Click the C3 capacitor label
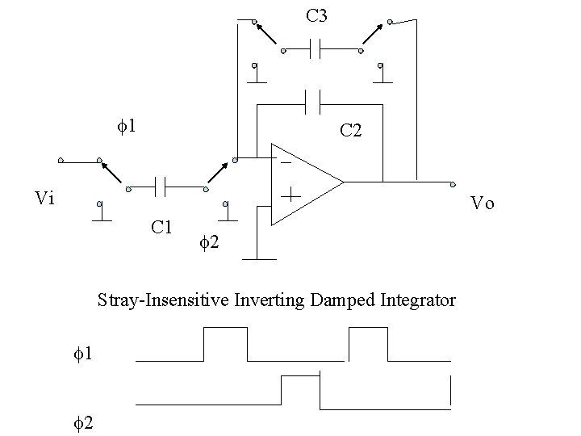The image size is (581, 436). tap(316, 15)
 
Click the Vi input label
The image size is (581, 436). tap(46, 198)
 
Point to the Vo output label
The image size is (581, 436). tap(483, 203)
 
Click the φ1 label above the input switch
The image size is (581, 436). tap(125, 127)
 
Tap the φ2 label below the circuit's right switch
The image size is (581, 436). tap(207, 240)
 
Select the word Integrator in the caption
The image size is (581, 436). tap(418, 300)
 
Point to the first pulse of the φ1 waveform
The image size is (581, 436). tap(226, 343)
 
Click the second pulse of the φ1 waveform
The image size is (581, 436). tap(368, 343)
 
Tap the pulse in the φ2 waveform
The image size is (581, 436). tap(301, 389)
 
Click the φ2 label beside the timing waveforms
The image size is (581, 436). tap(81, 421)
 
